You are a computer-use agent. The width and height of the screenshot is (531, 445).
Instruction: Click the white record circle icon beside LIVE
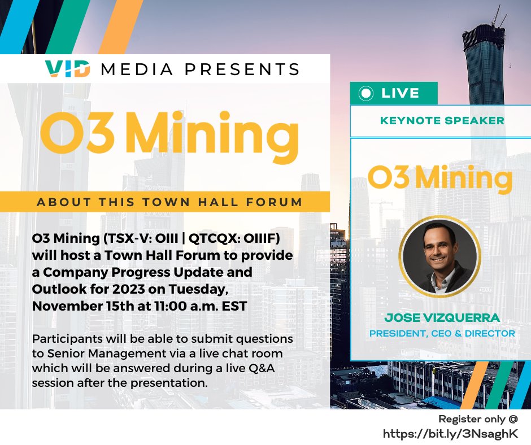pyautogui.click(x=367, y=93)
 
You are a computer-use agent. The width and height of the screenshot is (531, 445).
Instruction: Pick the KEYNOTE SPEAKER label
pyautogui.click(x=442, y=120)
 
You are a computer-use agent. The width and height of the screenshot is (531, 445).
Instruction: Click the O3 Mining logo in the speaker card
pyautogui.click(x=440, y=177)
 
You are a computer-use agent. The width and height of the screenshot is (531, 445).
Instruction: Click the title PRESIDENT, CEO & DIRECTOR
pyautogui.click(x=442, y=333)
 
